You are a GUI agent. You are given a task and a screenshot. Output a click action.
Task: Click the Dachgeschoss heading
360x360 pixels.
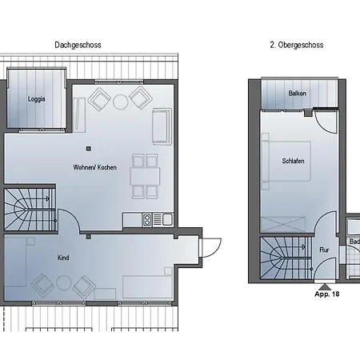[x=78, y=45]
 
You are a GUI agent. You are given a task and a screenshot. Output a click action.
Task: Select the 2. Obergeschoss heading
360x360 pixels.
[x=297, y=45]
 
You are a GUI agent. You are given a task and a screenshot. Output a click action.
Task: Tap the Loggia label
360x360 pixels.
[x=37, y=99]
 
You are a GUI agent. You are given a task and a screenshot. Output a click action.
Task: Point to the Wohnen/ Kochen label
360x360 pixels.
[x=95, y=167]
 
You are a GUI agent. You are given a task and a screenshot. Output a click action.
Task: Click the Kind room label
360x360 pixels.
[x=63, y=258]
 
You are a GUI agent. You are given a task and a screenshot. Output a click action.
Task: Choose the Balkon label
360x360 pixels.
[x=297, y=94]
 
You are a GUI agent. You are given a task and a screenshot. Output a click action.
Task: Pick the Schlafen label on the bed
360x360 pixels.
[x=293, y=161]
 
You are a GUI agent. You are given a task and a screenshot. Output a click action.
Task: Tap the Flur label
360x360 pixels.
[x=324, y=250]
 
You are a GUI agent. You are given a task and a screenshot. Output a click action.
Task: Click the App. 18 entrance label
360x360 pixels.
[x=327, y=294]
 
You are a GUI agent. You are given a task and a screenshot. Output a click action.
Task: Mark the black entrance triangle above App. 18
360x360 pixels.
[x=325, y=287]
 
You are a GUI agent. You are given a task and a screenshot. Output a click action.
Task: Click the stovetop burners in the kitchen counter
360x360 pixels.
[x=147, y=220]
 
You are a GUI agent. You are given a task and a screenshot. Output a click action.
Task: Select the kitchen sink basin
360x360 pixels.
[x=167, y=220]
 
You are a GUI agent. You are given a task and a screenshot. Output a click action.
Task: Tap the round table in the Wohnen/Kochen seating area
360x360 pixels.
[x=120, y=102]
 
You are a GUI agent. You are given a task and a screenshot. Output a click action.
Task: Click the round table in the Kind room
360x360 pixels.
[x=64, y=283]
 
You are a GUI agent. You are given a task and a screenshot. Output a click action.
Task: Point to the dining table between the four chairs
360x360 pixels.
[x=145, y=176]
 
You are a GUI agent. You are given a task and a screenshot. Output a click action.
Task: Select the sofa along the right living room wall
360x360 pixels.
[x=162, y=126]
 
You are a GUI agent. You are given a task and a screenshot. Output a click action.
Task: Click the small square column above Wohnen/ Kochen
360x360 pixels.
[x=89, y=149]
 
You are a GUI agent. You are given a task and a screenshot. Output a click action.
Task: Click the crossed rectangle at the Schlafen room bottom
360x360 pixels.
[x=282, y=225]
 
